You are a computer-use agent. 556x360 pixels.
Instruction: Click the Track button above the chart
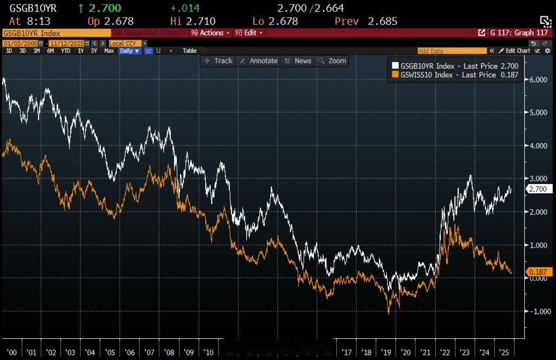click(x=219, y=61)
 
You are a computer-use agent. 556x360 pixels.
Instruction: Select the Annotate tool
click(x=259, y=61)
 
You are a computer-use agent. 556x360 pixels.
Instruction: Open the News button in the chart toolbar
click(x=298, y=61)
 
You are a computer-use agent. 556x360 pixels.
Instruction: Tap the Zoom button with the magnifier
click(x=333, y=61)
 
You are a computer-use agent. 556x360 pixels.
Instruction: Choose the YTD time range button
click(x=66, y=51)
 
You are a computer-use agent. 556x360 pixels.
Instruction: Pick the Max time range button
click(x=109, y=51)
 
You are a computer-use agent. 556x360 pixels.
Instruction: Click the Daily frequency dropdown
click(x=129, y=51)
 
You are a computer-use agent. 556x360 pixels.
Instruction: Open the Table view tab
click(x=189, y=51)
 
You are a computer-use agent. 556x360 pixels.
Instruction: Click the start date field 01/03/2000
click(x=20, y=43)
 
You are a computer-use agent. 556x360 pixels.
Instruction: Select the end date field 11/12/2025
click(x=66, y=43)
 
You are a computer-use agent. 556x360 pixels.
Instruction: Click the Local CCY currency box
click(x=125, y=43)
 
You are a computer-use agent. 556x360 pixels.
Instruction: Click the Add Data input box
click(x=452, y=51)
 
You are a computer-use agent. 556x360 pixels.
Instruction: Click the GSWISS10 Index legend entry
click(x=455, y=75)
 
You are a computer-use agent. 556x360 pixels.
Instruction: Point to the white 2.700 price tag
click(x=539, y=189)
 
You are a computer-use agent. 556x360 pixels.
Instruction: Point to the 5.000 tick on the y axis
click(x=537, y=112)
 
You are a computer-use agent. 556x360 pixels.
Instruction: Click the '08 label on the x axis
click(x=169, y=352)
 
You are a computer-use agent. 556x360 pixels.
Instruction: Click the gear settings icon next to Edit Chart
click(x=548, y=51)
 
